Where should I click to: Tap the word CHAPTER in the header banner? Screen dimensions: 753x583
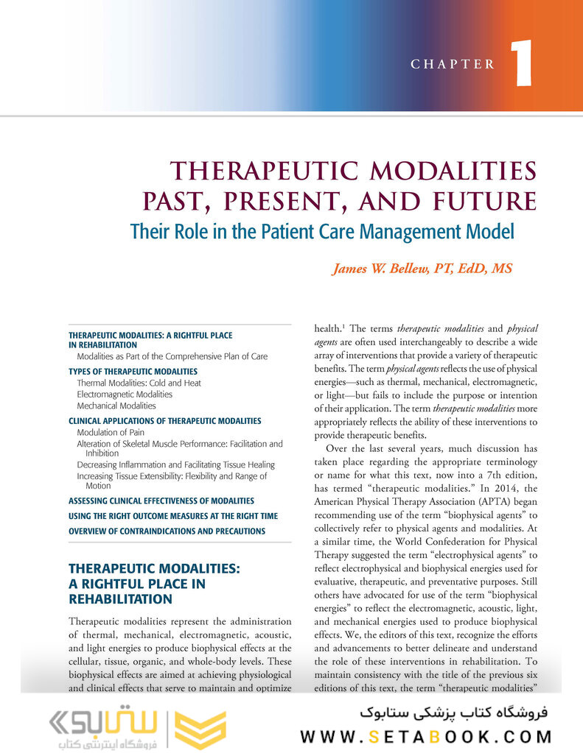[453, 65]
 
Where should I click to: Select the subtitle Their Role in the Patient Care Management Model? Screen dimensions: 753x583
[321, 231]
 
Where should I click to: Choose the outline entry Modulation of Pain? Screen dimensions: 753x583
[111, 432]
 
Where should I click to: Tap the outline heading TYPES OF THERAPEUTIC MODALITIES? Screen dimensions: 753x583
[133, 372]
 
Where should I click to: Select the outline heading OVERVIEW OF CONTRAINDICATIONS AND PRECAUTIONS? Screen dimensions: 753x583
[167, 531]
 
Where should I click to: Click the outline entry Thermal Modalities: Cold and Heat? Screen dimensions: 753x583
[139, 383]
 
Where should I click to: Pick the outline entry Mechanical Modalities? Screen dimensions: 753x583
[116, 406]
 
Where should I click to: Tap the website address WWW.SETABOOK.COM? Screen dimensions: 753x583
[426, 736]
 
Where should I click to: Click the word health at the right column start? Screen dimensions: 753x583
[329, 328]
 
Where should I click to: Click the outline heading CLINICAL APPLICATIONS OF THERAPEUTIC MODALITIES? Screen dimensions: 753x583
[164, 421]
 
